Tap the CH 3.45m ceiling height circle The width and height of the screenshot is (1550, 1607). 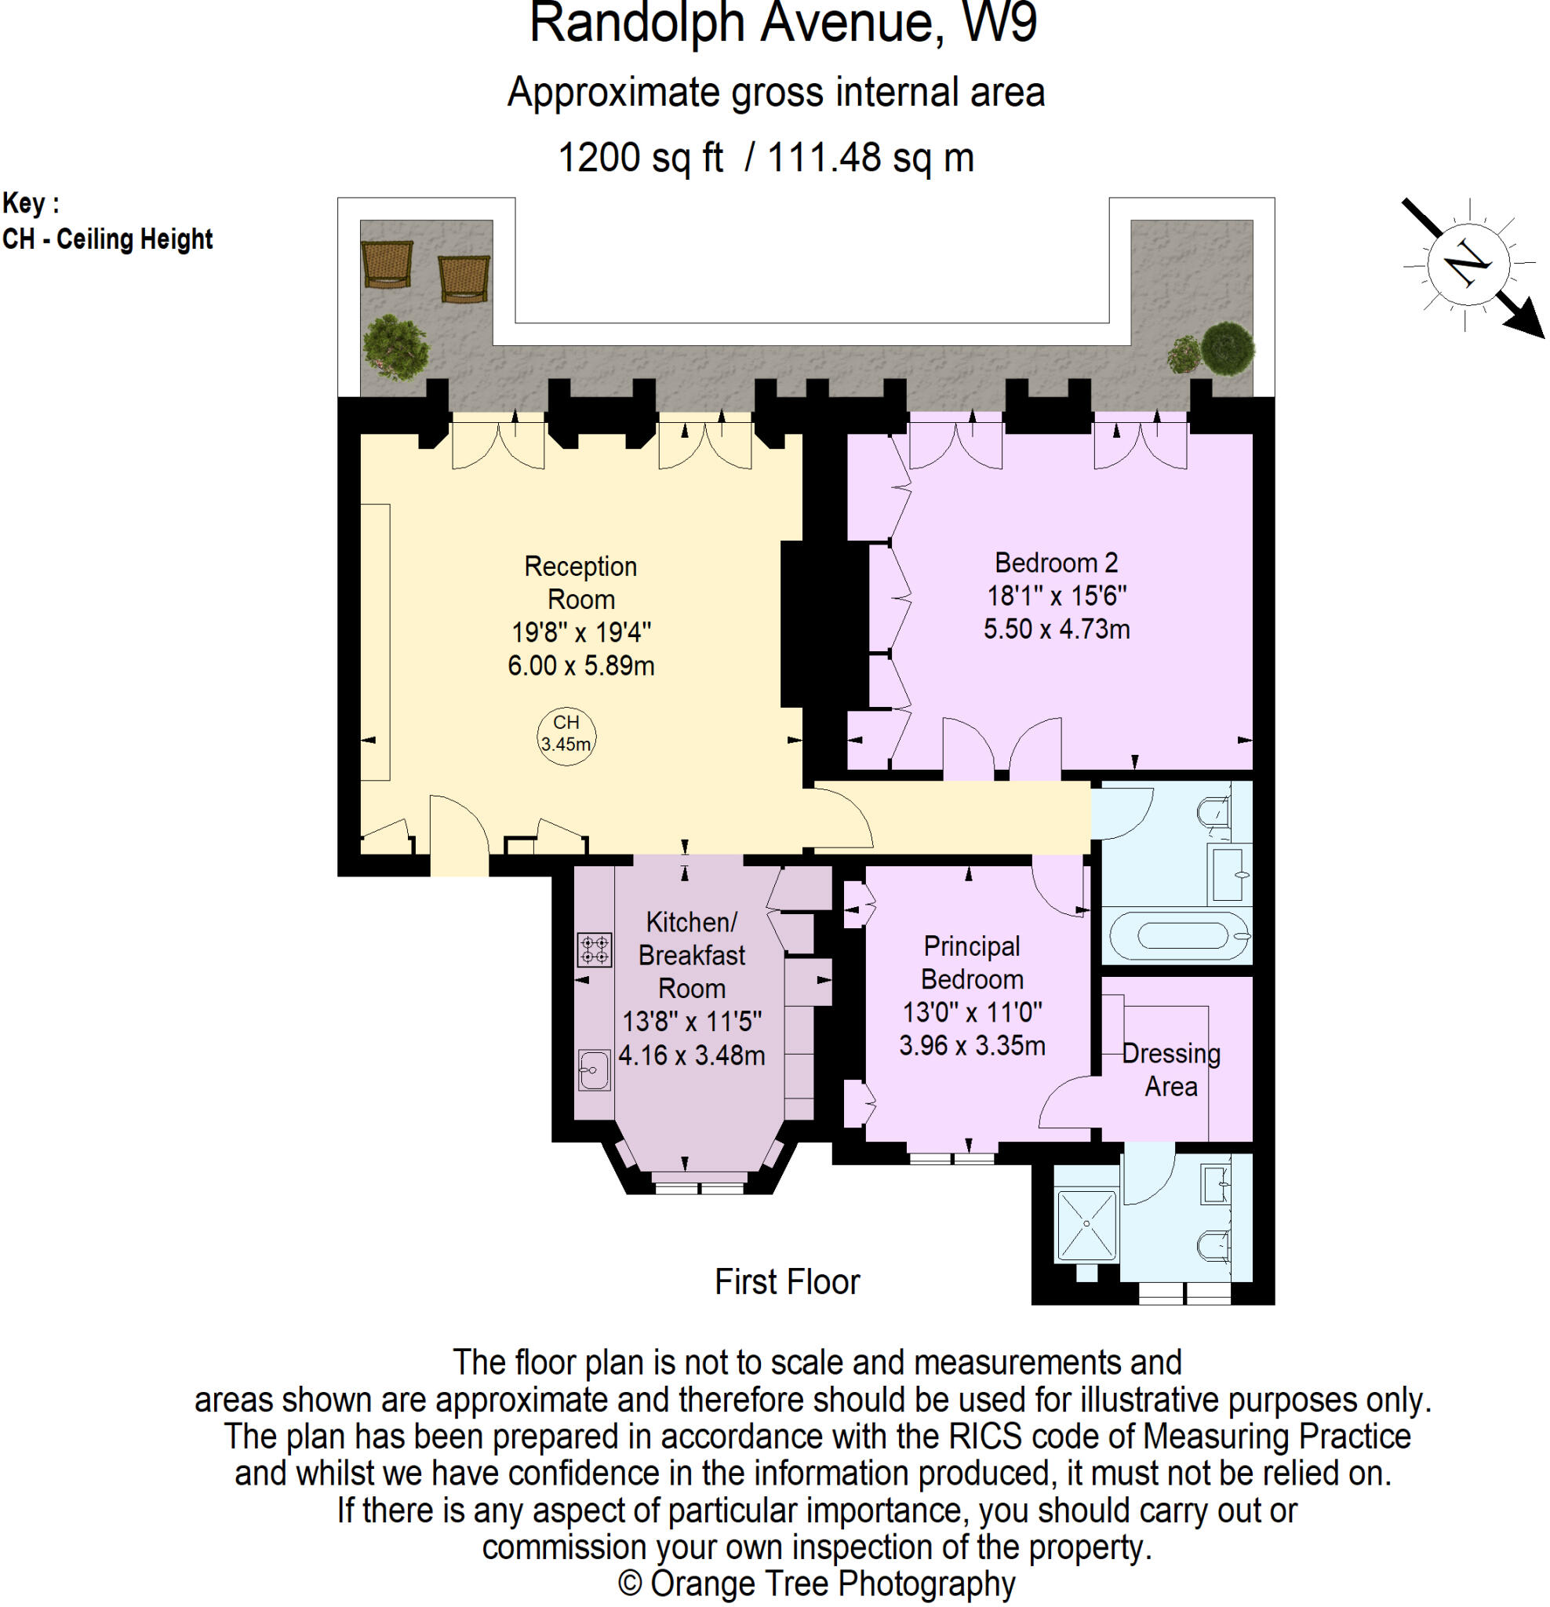[x=566, y=734]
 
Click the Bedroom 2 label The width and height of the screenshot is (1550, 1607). [x=1056, y=563]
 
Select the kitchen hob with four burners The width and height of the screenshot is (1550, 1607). [x=595, y=949]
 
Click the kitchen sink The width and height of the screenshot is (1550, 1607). [x=595, y=1070]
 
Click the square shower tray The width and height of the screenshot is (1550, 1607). [x=1087, y=1224]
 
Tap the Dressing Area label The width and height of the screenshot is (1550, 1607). [x=1170, y=1070]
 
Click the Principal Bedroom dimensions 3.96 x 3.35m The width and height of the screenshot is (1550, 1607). [x=972, y=1046]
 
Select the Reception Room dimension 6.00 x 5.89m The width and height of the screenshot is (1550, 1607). [x=580, y=665]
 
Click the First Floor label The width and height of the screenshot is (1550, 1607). [x=787, y=1282]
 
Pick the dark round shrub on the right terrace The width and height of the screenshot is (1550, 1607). [x=1227, y=348]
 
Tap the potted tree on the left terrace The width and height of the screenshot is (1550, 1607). [x=396, y=348]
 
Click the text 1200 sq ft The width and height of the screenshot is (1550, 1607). [x=640, y=158]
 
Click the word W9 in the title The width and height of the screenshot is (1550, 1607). [x=999, y=23]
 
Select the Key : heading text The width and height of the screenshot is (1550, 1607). [x=31, y=202]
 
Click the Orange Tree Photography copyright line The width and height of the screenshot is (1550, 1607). [x=817, y=1583]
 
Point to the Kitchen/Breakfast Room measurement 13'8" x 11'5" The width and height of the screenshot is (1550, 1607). [x=692, y=1022]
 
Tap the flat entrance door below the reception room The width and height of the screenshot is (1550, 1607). [x=459, y=836]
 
